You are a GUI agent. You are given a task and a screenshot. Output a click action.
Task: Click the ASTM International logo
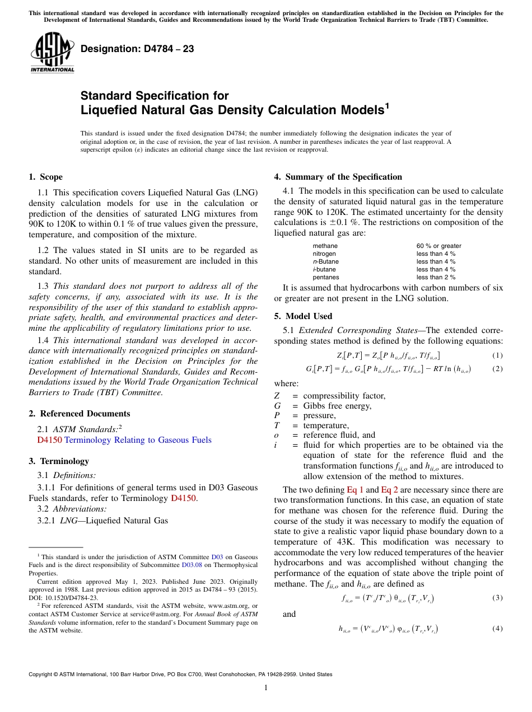click(52, 53)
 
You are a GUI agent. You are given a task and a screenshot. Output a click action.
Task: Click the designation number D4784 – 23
click(137, 49)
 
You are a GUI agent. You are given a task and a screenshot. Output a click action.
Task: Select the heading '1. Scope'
click(45, 177)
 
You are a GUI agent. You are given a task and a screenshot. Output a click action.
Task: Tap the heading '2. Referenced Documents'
click(79, 414)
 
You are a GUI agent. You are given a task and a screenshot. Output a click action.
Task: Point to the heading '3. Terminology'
click(58, 461)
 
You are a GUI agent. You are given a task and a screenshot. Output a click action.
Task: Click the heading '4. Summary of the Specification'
click(338, 177)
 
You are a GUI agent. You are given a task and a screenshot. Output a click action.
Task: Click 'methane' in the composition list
click(325, 246)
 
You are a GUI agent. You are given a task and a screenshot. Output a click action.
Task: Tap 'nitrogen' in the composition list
click(324, 254)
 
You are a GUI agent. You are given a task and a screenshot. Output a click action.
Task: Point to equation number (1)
click(497, 355)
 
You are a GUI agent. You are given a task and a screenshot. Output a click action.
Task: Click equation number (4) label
click(497, 629)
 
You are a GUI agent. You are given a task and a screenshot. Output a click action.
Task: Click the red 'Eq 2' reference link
click(389, 490)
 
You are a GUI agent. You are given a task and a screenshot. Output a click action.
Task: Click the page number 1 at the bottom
click(266, 688)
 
